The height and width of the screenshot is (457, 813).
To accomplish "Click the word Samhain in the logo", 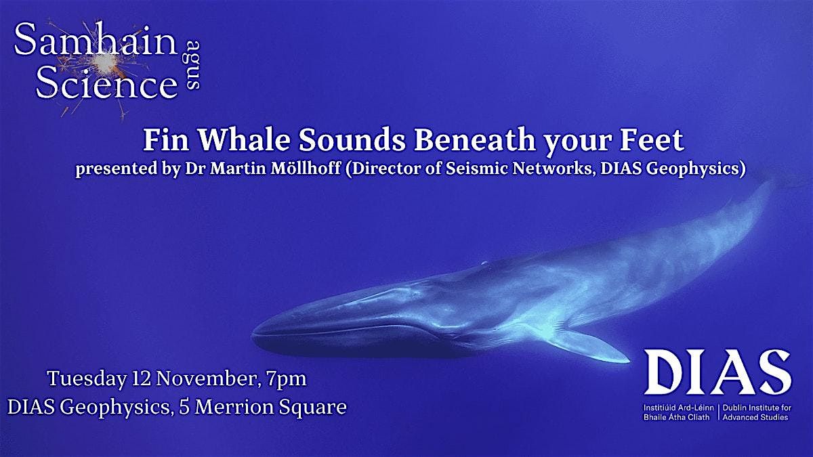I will (x=95, y=42).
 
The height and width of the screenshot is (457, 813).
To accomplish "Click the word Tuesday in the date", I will (x=83, y=378).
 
